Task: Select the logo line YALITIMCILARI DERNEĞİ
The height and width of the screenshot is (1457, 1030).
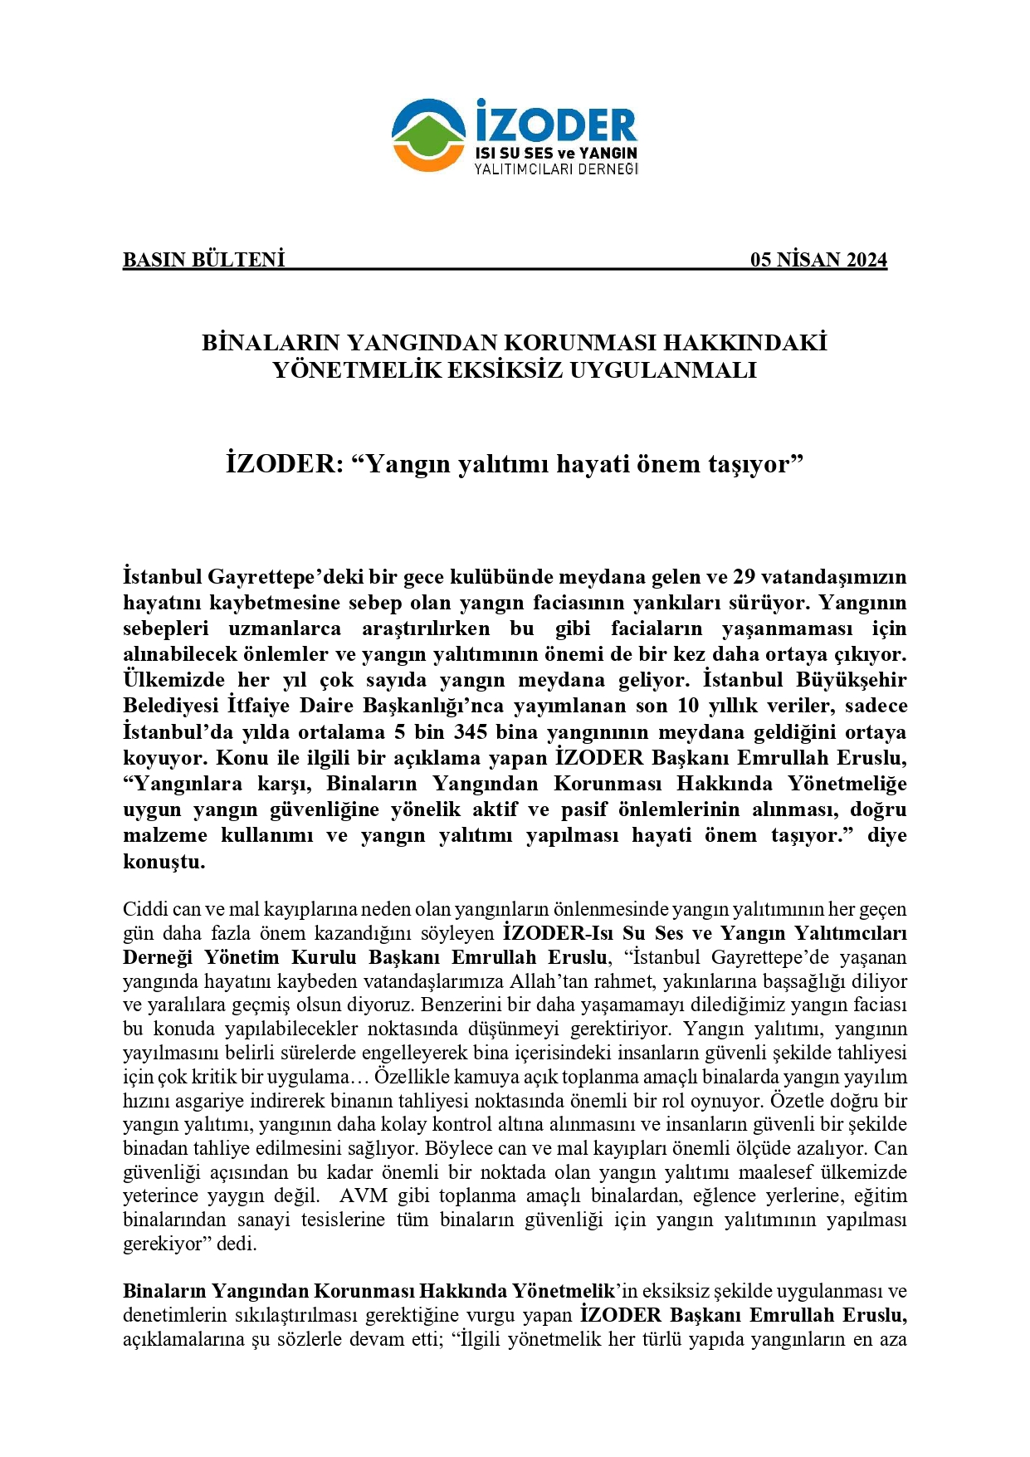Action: (x=555, y=169)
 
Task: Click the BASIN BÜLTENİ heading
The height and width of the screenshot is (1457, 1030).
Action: (x=203, y=260)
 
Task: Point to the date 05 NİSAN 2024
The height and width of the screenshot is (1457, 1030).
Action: (x=818, y=260)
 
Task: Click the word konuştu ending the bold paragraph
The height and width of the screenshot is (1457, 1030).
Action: (x=163, y=861)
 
